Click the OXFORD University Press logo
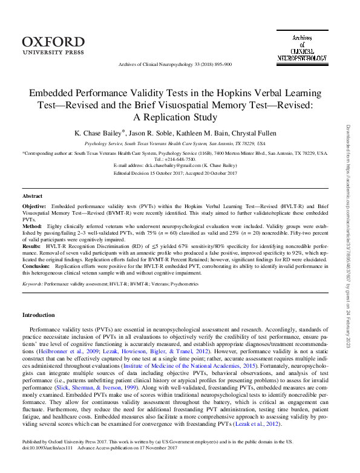click(x=53, y=46)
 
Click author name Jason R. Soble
click(x=156, y=132)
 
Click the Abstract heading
click(x=32, y=197)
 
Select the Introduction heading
click(x=38, y=315)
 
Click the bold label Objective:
click(x=35, y=206)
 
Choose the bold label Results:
click(x=33, y=246)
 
